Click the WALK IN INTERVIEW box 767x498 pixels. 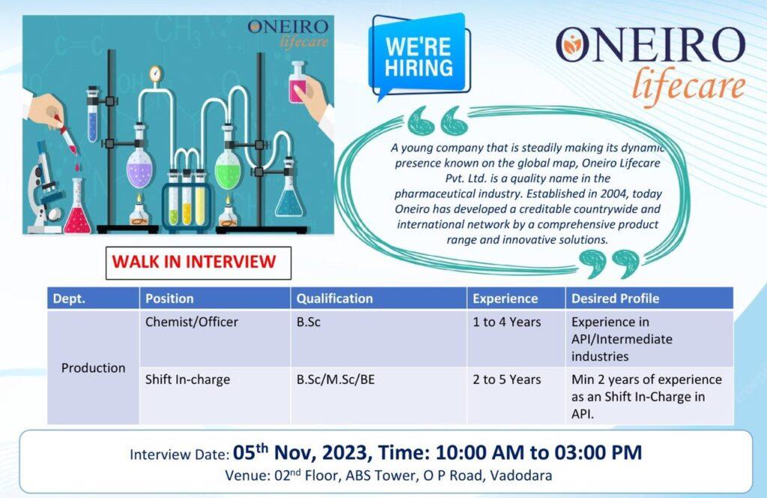(x=198, y=263)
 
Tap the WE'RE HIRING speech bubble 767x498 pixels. (x=419, y=56)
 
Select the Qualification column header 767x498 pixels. (x=378, y=298)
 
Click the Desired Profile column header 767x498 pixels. (x=649, y=298)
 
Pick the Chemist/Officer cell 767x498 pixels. (x=215, y=338)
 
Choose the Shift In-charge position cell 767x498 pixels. (x=215, y=396)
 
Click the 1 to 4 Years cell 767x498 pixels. (x=516, y=338)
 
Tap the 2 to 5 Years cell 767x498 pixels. (x=516, y=396)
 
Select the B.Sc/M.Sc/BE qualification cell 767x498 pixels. (x=378, y=396)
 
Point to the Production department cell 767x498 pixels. (x=93, y=367)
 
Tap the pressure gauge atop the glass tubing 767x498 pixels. (x=156, y=74)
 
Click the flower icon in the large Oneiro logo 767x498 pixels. (x=570, y=45)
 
